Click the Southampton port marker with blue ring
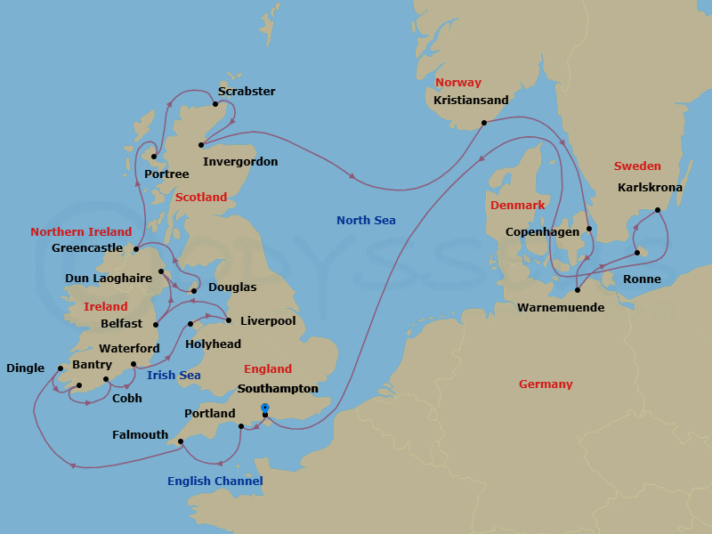point(265,408)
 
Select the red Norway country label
point(457,83)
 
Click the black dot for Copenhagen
point(589,229)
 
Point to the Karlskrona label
point(650,188)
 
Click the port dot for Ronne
point(637,254)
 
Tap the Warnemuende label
point(560,308)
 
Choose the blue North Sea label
point(366,220)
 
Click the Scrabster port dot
point(215,104)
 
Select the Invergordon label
point(240,162)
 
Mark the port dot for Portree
point(153,158)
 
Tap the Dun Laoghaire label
point(108,279)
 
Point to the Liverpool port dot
point(229,320)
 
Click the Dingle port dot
point(61,368)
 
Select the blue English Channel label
point(214,481)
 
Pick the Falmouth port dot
point(180,441)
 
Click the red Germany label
point(546,384)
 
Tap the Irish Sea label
point(174,376)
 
